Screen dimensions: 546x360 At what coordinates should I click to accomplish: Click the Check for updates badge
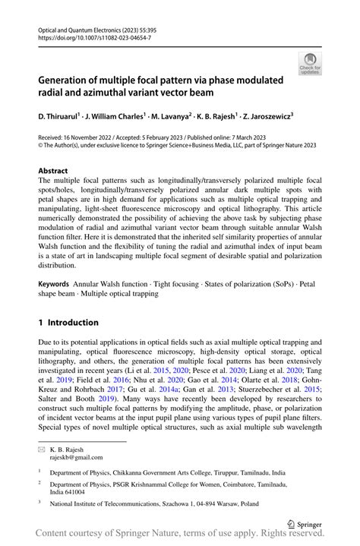pyautogui.click(x=310, y=63)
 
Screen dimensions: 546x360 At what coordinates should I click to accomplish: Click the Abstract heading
pyautogui.click(x=53, y=171)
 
